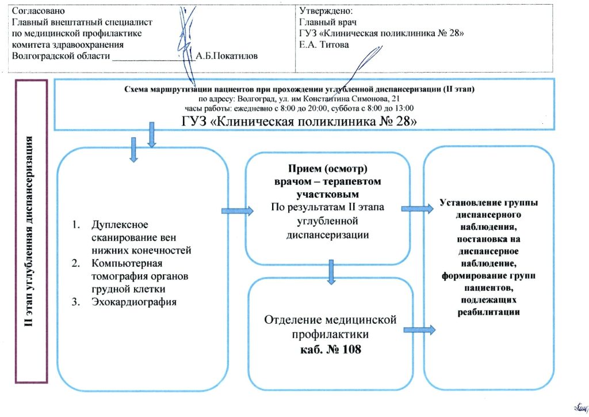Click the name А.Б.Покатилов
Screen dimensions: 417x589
227,56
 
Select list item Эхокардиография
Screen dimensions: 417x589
132,302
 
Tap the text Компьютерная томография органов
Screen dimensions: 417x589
140,270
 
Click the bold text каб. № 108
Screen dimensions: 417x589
330,350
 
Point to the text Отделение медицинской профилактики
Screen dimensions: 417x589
330,327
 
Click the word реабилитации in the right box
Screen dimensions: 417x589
489,312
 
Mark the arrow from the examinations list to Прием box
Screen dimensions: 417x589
237,211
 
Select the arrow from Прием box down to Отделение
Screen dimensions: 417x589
331,272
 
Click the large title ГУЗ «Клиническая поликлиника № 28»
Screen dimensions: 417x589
299,122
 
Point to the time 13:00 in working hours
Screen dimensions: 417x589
403,108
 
